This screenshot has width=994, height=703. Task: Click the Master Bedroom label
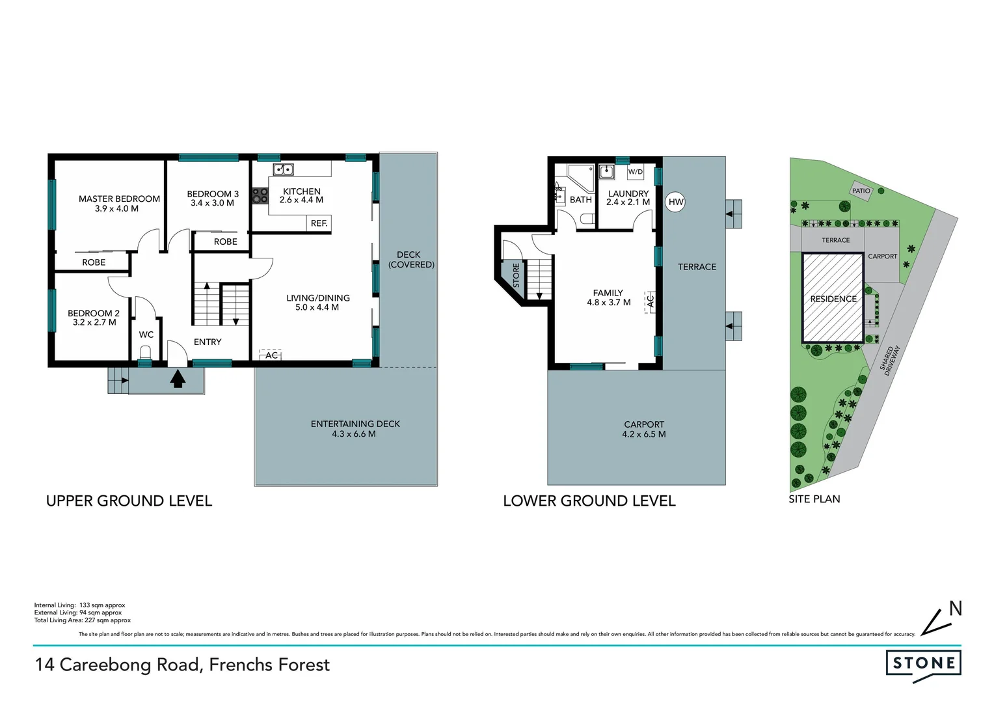[x=119, y=199]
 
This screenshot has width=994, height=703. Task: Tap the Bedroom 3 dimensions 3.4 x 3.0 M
[x=212, y=203]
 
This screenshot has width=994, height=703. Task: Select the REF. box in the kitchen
[x=319, y=223]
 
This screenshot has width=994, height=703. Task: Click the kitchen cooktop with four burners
[x=260, y=196]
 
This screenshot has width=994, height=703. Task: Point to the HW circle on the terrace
[x=676, y=202]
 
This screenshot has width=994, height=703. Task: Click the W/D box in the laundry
[x=635, y=172]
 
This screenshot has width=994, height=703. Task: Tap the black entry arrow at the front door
[x=178, y=378]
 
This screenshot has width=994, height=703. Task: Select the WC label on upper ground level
[x=146, y=335]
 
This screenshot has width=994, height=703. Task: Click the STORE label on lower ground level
[x=516, y=275]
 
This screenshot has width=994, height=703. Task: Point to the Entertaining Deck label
[x=355, y=424]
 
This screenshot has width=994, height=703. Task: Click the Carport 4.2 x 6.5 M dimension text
[x=643, y=434]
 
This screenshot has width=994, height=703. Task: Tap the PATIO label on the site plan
[x=861, y=191]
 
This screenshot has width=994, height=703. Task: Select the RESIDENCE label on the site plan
[x=833, y=299]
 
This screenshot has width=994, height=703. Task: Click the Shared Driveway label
[x=890, y=360]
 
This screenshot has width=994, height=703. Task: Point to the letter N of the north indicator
[x=955, y=609]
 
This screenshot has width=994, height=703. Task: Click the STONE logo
[x=924, y=663]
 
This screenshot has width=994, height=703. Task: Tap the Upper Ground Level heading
[x=129, y=501]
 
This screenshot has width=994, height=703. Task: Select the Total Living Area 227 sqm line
[x=83, y=620]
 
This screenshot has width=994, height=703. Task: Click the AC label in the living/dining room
[x=271, y=355]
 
